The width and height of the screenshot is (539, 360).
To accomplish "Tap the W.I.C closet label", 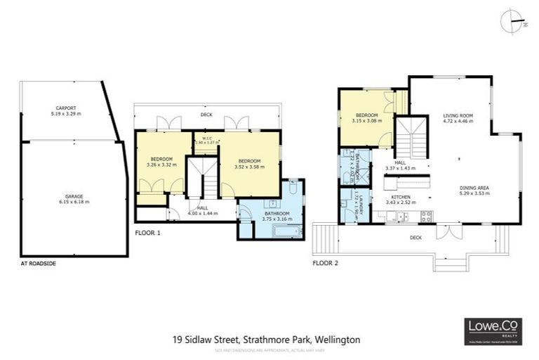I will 207,139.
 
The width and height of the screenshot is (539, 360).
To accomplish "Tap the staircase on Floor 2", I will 412,137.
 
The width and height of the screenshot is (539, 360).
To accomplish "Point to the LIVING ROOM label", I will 458,117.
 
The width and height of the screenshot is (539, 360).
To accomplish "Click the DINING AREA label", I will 474,190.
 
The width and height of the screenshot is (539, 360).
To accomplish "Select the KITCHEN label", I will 400,200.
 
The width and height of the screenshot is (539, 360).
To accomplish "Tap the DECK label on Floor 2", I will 415,238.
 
